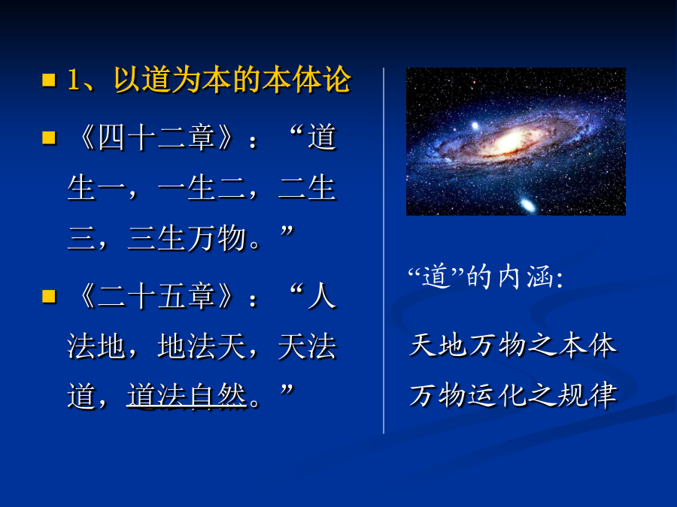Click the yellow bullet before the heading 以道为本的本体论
[49, 80]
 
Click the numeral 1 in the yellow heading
[74, 80]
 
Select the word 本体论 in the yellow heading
[307, 80]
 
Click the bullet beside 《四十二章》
[49, 137]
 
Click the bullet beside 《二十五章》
[49, 296]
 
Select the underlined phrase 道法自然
[187, 396]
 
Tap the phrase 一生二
[202, 188]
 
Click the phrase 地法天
[202, 346]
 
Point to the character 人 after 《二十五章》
[322, 296]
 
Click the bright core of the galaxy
[512, 139]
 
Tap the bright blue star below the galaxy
[527, 205]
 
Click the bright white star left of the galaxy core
[475, 126]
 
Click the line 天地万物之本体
[513, 346]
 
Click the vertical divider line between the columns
[384, 250]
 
